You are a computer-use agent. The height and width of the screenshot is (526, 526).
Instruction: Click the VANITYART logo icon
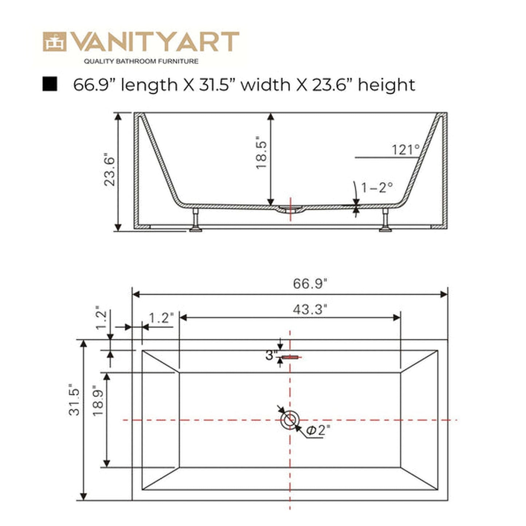tap(55, 42)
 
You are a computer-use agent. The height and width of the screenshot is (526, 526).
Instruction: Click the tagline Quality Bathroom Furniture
tap(141, 62)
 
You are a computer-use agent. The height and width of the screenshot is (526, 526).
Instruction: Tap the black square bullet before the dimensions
tap(50, 84)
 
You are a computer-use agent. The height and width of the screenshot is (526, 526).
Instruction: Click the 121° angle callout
tap(406, 150)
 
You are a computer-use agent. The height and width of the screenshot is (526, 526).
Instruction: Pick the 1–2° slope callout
tap(377, 187)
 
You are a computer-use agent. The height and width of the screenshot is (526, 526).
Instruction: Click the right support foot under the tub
tap(385, 221)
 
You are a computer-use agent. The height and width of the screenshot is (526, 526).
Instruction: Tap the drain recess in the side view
tap(290, 209)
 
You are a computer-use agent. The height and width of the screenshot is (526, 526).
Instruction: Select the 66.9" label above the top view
tap(310, 284)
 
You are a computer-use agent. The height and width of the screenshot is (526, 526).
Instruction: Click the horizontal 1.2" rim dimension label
tap(161, 319)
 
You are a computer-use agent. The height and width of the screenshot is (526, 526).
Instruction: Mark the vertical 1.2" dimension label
tap(102, 319)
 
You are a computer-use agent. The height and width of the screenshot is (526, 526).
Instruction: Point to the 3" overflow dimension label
tap(271, 355)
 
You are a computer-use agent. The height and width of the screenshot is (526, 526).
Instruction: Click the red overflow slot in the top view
tap(290, 357)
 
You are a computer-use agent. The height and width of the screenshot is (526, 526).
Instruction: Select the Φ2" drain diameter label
tap(318, 430)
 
